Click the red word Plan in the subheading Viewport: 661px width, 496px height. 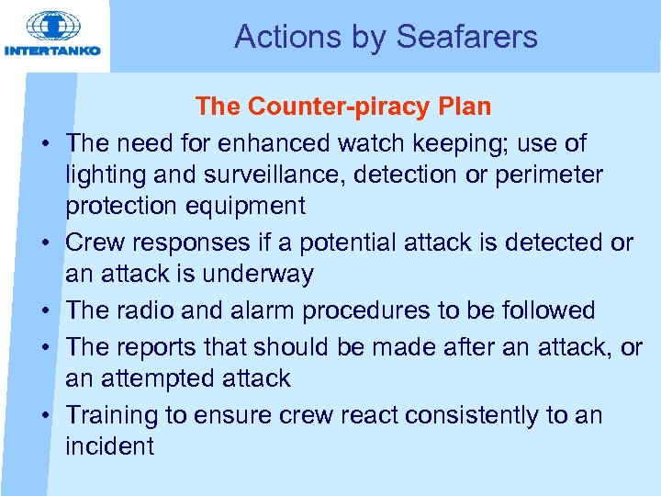tap(464, 107)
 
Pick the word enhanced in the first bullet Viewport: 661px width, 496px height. tap(280, 143)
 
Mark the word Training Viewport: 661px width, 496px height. tap(112, 415)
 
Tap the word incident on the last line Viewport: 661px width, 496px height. tap(109, 446)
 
